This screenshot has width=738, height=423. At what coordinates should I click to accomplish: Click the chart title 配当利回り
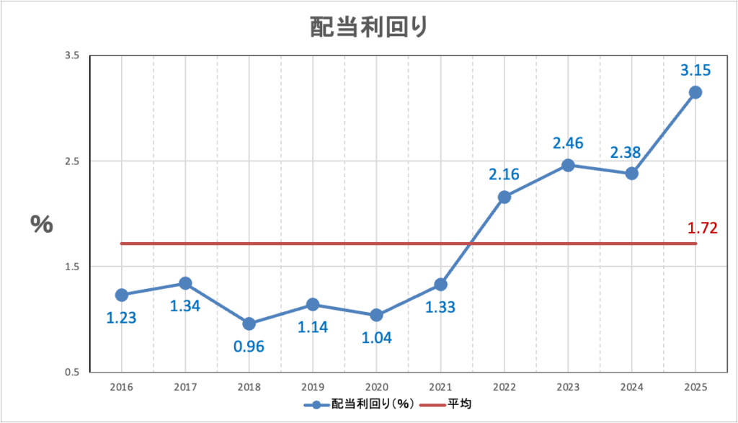(x=369, y=27)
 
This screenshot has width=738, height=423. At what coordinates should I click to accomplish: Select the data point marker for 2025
(x=695, y=92)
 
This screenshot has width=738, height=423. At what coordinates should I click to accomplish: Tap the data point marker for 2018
(x=249, y=324)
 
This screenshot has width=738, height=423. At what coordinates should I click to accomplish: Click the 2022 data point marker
(x=504, y=197)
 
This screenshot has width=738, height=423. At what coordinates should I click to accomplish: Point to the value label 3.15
(x=695, y=70)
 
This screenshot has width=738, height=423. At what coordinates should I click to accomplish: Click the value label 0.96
(x=249, y=346)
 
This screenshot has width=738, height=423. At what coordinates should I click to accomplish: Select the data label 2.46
(x=568, y=143)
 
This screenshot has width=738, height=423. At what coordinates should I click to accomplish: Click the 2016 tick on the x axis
(x=121, y=387)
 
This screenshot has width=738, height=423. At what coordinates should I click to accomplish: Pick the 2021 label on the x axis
(x=440, y=387)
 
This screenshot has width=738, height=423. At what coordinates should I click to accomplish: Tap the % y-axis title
(x=41, y=224)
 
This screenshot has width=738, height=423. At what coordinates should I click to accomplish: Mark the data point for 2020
(x=376, y=315)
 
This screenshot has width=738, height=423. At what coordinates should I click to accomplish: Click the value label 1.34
(x=185, y=306)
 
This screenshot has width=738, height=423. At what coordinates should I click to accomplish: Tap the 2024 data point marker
(x=632, y=174)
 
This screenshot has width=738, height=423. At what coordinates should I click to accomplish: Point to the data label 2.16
(x=504, y=174)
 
